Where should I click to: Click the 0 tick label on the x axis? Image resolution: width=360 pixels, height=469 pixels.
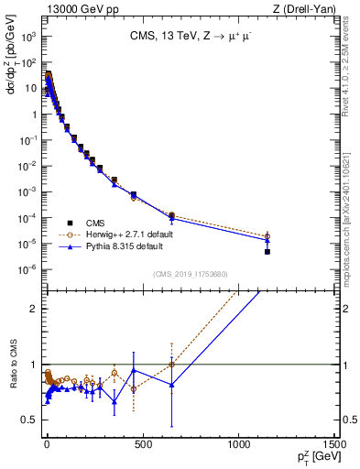pos(46,448)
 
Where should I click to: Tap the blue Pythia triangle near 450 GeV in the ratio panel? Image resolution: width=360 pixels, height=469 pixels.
pos(134,370)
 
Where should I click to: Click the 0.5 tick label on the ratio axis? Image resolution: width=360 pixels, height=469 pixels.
pos(31,420)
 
